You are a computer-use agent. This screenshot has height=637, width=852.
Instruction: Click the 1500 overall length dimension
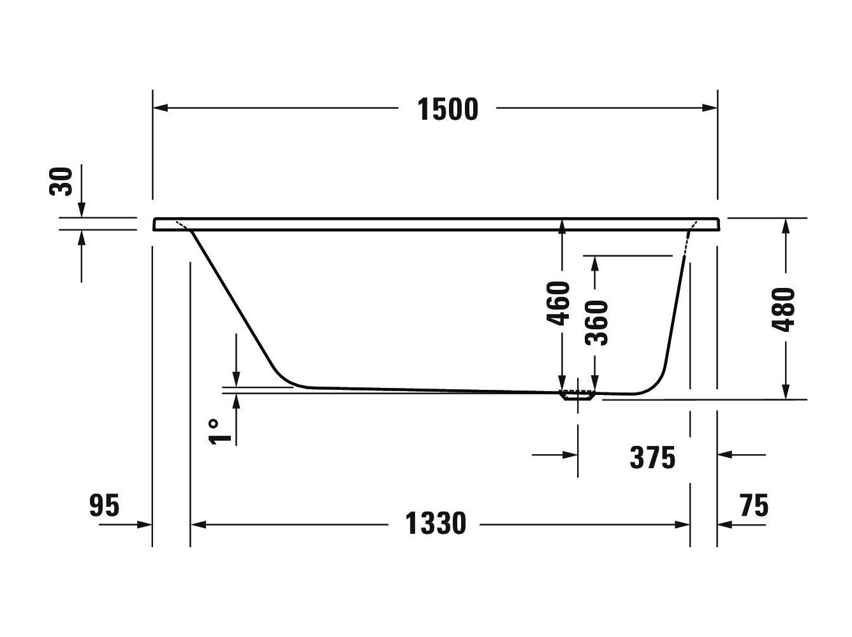448,109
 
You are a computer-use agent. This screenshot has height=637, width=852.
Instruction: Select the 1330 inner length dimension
436,524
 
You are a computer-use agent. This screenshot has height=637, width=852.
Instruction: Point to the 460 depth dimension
559,303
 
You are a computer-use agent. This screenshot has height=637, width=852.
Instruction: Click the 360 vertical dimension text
598,322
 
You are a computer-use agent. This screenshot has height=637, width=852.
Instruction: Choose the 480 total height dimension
784,310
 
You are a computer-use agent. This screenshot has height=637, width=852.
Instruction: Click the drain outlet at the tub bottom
577,395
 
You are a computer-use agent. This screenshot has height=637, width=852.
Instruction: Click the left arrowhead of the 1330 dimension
198,524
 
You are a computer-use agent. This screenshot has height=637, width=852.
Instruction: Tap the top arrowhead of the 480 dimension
786,225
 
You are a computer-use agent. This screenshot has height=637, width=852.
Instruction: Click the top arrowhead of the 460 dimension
561,225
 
